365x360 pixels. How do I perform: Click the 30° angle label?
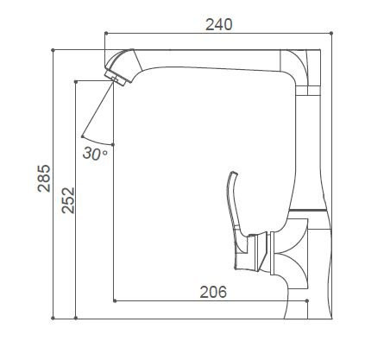click(x=95, y=154)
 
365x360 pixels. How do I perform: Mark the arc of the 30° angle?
click(x=97, y=141)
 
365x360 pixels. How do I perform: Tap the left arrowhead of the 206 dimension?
click(x=117, y=300)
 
